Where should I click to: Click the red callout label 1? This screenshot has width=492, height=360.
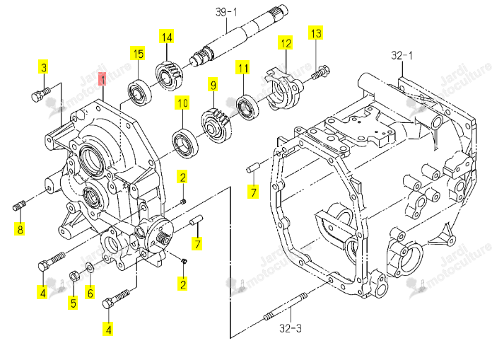pos(102,79)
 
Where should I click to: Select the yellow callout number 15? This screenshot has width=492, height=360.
pos(138,53)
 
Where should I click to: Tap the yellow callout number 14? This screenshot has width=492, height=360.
pos(167,37)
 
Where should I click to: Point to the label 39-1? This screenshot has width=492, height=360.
pos(226,12)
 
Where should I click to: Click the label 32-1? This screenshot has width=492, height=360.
pos(402,56)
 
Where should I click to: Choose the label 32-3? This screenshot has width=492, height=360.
pos(291,328)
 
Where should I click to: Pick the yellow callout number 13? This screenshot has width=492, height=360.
pos(316,33)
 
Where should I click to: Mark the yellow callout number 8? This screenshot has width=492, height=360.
pos(20,229)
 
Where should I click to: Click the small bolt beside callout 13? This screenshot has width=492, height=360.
pos(320,72)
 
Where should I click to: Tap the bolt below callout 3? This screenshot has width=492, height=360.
pos(41,93)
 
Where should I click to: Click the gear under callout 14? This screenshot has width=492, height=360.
pos(170,77)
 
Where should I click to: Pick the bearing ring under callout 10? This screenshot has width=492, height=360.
pos(185,143)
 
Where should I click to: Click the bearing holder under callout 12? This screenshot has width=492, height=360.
pos(283,89)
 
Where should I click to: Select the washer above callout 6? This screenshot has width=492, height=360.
pos(90,268)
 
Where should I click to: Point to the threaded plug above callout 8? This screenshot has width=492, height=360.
pos(20,205)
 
